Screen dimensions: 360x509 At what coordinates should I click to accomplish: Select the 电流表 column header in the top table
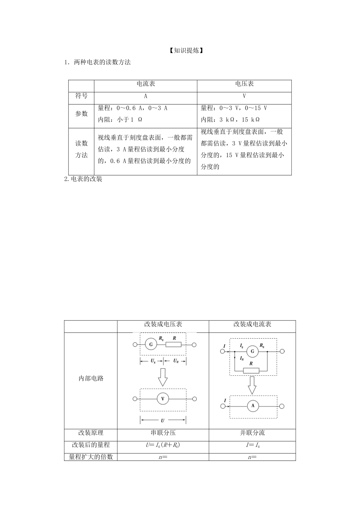(x=146, y=84)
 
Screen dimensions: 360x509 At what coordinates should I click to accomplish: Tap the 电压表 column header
(x=244, y=84)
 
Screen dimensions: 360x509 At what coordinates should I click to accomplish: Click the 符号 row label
(x=81, y=96)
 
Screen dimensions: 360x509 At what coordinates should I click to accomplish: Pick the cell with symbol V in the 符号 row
(x=244, y=96)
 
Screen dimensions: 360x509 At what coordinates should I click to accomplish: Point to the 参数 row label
(x=81, y=114)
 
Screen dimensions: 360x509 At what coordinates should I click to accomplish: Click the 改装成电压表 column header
(x=163, y=325)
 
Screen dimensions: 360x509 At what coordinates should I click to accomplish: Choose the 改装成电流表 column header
(x=252, y=325)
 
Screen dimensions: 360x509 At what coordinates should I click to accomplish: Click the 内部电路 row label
(x=91, y=378)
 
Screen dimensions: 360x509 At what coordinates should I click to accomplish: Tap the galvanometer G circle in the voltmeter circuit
(x=151, y=345)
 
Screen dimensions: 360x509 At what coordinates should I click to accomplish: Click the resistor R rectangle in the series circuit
(x=174, y=345)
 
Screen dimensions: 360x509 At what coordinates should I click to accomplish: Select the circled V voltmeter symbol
(x=163, y=399)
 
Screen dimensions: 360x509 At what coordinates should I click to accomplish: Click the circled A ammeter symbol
(x=253, y=406)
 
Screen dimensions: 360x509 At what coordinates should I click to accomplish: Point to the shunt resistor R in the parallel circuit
(x=251, y=370)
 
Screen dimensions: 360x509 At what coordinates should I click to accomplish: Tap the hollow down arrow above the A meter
(x=252, y=385)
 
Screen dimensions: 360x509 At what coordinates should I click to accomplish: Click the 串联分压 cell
(x=163, y=433)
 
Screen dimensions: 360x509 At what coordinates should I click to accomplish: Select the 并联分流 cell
(x=252, y=433)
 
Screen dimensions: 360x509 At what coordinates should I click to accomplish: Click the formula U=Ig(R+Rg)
(x=163, y=445)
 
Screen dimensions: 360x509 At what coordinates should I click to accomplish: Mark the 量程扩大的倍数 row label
(x=91, y=457)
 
